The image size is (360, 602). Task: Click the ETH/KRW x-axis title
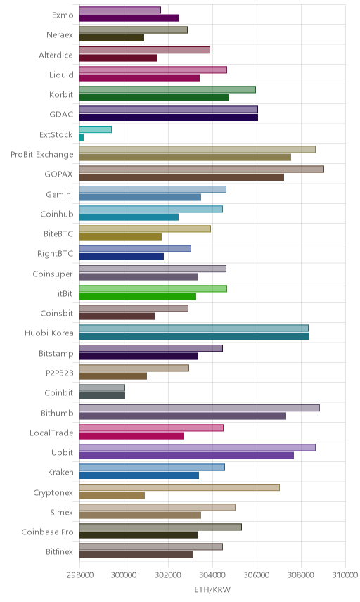tap(212, 590)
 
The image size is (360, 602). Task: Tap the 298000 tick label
tap(80, 575)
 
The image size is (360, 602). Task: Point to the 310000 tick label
tap(345, 575)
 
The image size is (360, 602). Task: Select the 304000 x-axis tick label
tap(212, 575)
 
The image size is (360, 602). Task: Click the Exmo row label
tap(63, 15)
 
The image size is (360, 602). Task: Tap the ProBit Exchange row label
tap(41, 154)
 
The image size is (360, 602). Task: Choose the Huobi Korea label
tap(49, 333)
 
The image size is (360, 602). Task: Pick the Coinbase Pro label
tap(47, 532)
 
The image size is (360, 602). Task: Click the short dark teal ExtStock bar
tap(82, 137)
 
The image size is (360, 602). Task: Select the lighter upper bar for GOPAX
tap(202, 169)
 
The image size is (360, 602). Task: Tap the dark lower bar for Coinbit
tap(103, 396)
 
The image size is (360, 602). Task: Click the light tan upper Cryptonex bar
tap(179, 487)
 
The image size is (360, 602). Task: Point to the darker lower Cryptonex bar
tap(112, 495)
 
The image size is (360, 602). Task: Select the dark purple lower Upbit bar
tap(187, 455)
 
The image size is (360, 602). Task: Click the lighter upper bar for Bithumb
tap(200, 408)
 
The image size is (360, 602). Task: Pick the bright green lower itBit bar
tap(138, 296)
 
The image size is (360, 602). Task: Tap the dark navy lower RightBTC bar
tap(122, 257)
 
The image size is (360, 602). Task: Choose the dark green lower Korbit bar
tap(154, 98)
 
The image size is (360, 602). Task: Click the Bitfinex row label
tap(59, 551)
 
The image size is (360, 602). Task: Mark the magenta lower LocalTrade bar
tap(132, 436)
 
